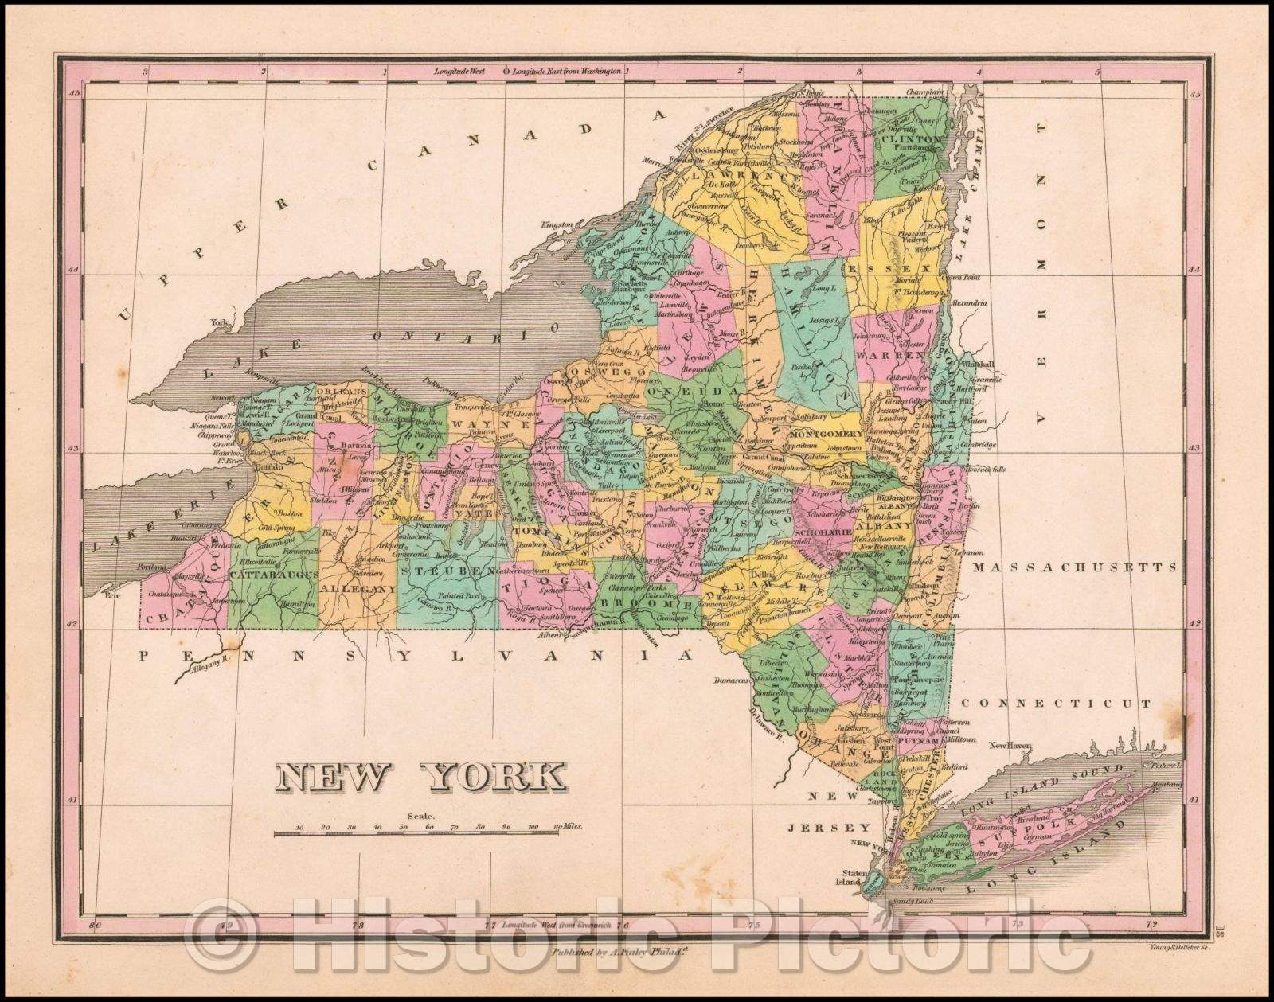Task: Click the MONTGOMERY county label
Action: [827, 434]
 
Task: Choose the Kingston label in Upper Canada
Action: [557, 225]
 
